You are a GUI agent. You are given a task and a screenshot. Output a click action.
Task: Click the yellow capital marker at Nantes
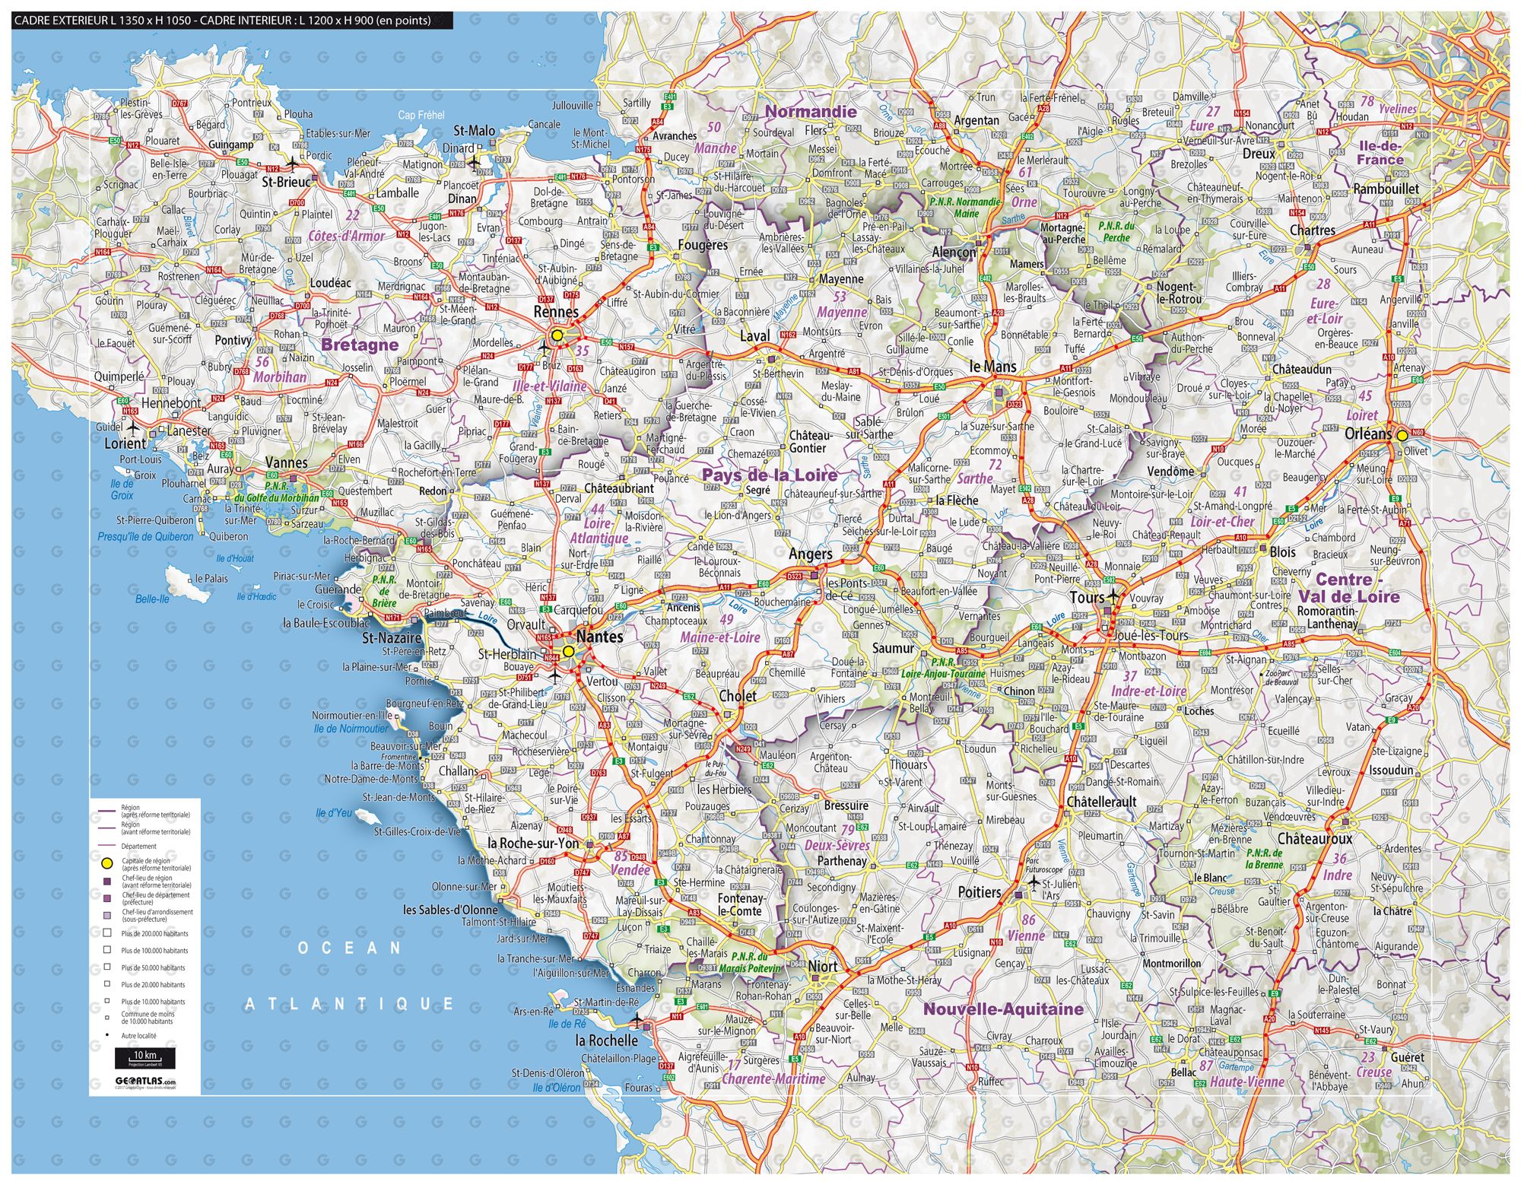click(568, 652)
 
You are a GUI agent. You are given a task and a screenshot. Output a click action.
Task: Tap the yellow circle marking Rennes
click(557, 335)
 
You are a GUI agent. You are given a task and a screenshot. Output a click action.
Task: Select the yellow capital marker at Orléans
click(1402, 436)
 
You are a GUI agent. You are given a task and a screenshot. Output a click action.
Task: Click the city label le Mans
click(993, 367)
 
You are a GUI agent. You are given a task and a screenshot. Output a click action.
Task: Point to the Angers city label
click(810, 554)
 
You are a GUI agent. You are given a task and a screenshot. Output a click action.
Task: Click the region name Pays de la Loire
click(769, 475)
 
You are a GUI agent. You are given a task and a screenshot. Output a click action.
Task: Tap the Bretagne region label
click(360, 345)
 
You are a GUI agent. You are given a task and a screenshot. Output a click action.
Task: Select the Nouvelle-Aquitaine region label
click(1003, 1009)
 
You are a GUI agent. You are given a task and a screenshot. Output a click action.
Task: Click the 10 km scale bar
click(144, 1057)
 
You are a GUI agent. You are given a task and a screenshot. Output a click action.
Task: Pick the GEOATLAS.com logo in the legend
click(144, 1081)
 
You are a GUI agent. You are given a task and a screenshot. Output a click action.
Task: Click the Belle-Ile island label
click(152, 599)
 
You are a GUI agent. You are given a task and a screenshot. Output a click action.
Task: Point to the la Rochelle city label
click(606, 1040)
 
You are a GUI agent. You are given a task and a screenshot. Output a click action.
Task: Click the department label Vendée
click(630, 870)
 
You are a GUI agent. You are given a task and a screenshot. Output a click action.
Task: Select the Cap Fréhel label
click(421, 115)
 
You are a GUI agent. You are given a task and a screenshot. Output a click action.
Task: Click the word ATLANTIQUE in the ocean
click(349, 1004)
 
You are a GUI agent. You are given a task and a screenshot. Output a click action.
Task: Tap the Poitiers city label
click(980, 892)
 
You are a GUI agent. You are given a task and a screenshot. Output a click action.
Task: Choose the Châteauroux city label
click(1315, 839)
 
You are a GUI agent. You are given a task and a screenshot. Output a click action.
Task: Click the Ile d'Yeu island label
click(334, 813)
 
